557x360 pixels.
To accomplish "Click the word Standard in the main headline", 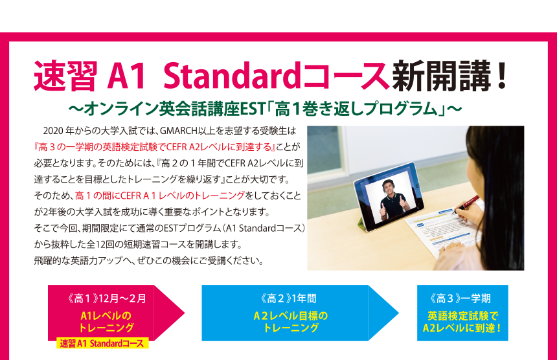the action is pos(232,76).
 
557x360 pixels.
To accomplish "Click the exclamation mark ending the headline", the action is pos(502,75).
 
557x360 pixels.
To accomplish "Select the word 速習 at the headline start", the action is pos(65,76).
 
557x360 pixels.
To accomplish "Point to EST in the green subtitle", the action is pos(253,109).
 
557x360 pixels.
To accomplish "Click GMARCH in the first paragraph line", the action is pos(178,131).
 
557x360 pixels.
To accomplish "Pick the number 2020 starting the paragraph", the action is pos(53,131).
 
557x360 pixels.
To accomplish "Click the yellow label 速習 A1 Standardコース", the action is pos(102,343).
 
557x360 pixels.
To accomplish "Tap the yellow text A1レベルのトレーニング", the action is pos(106,322).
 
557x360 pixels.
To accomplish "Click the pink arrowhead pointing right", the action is pos(170,313).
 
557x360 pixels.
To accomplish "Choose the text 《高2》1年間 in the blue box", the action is pos(288,298).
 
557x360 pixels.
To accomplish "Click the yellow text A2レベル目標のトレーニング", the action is pos(291,322).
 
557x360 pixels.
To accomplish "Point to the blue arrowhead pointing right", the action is pos(383,313).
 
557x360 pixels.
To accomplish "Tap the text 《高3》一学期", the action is pos(460,298).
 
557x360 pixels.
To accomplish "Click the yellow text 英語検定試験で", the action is pos(462,315).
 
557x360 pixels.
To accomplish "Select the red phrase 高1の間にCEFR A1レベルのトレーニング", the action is pos(160,196).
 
